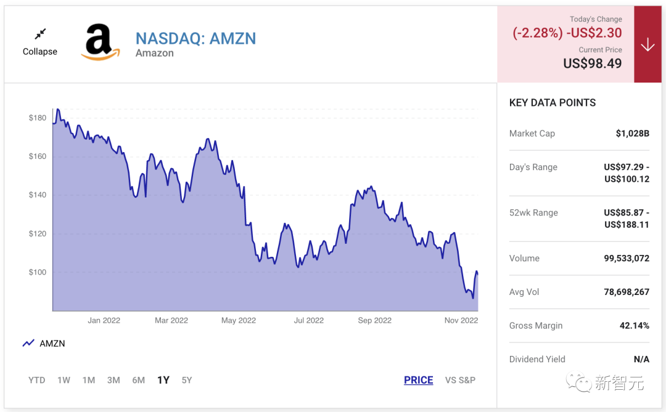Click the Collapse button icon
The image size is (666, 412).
(40, 34)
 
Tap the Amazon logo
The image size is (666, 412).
(100, 42)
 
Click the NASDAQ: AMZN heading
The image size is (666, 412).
(195, 38)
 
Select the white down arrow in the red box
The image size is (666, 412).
(647, 44)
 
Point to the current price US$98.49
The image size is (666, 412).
(592, 63)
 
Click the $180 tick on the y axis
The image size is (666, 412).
(37, 118)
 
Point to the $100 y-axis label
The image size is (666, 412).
(37, 272)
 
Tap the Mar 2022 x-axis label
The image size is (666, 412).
(171, 320)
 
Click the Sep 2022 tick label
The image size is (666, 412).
(374, 320)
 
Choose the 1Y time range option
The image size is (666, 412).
(163, 380)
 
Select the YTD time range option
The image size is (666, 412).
(37, 380)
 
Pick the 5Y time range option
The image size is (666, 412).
(187, 380)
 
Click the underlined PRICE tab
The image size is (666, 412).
(418, 380)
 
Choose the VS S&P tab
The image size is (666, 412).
(460, 380)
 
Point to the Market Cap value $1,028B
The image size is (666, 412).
(632, 133)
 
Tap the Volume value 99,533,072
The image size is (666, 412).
(626, 258)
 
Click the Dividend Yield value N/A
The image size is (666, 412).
(641, 359)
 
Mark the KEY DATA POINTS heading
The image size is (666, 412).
(553, 103)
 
